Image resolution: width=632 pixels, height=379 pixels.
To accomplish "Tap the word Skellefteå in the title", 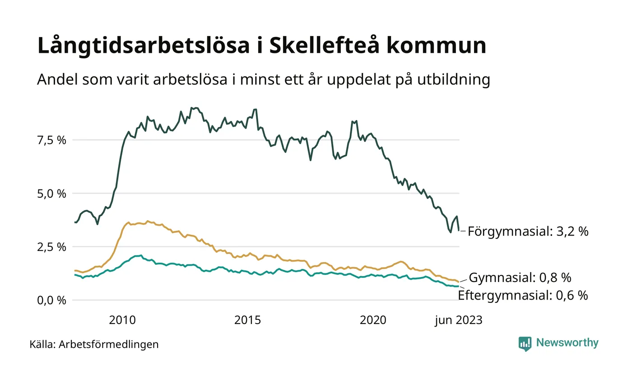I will [x=322, y=46].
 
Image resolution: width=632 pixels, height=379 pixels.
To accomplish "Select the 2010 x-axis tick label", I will [x=122, y=320].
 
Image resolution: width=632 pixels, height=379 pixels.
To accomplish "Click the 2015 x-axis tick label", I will [x=248, y=320].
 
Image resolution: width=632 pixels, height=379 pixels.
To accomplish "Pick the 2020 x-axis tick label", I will [x=373, y=320].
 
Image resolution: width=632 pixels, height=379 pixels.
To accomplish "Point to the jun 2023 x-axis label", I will [x=459, y=320].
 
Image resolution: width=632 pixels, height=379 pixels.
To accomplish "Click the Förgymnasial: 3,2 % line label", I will [x=528, y=232].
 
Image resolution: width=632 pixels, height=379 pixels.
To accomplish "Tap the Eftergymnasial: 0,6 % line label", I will [x=523, y=296].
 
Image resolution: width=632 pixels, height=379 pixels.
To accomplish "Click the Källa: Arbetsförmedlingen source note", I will [x=94, y=345].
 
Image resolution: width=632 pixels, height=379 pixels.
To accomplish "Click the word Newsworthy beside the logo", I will [x=567, y=343].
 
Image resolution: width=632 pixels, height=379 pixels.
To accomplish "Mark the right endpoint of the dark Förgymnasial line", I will [x=459, y=231].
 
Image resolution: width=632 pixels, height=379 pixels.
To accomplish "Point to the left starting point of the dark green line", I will [x=75, y=222].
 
